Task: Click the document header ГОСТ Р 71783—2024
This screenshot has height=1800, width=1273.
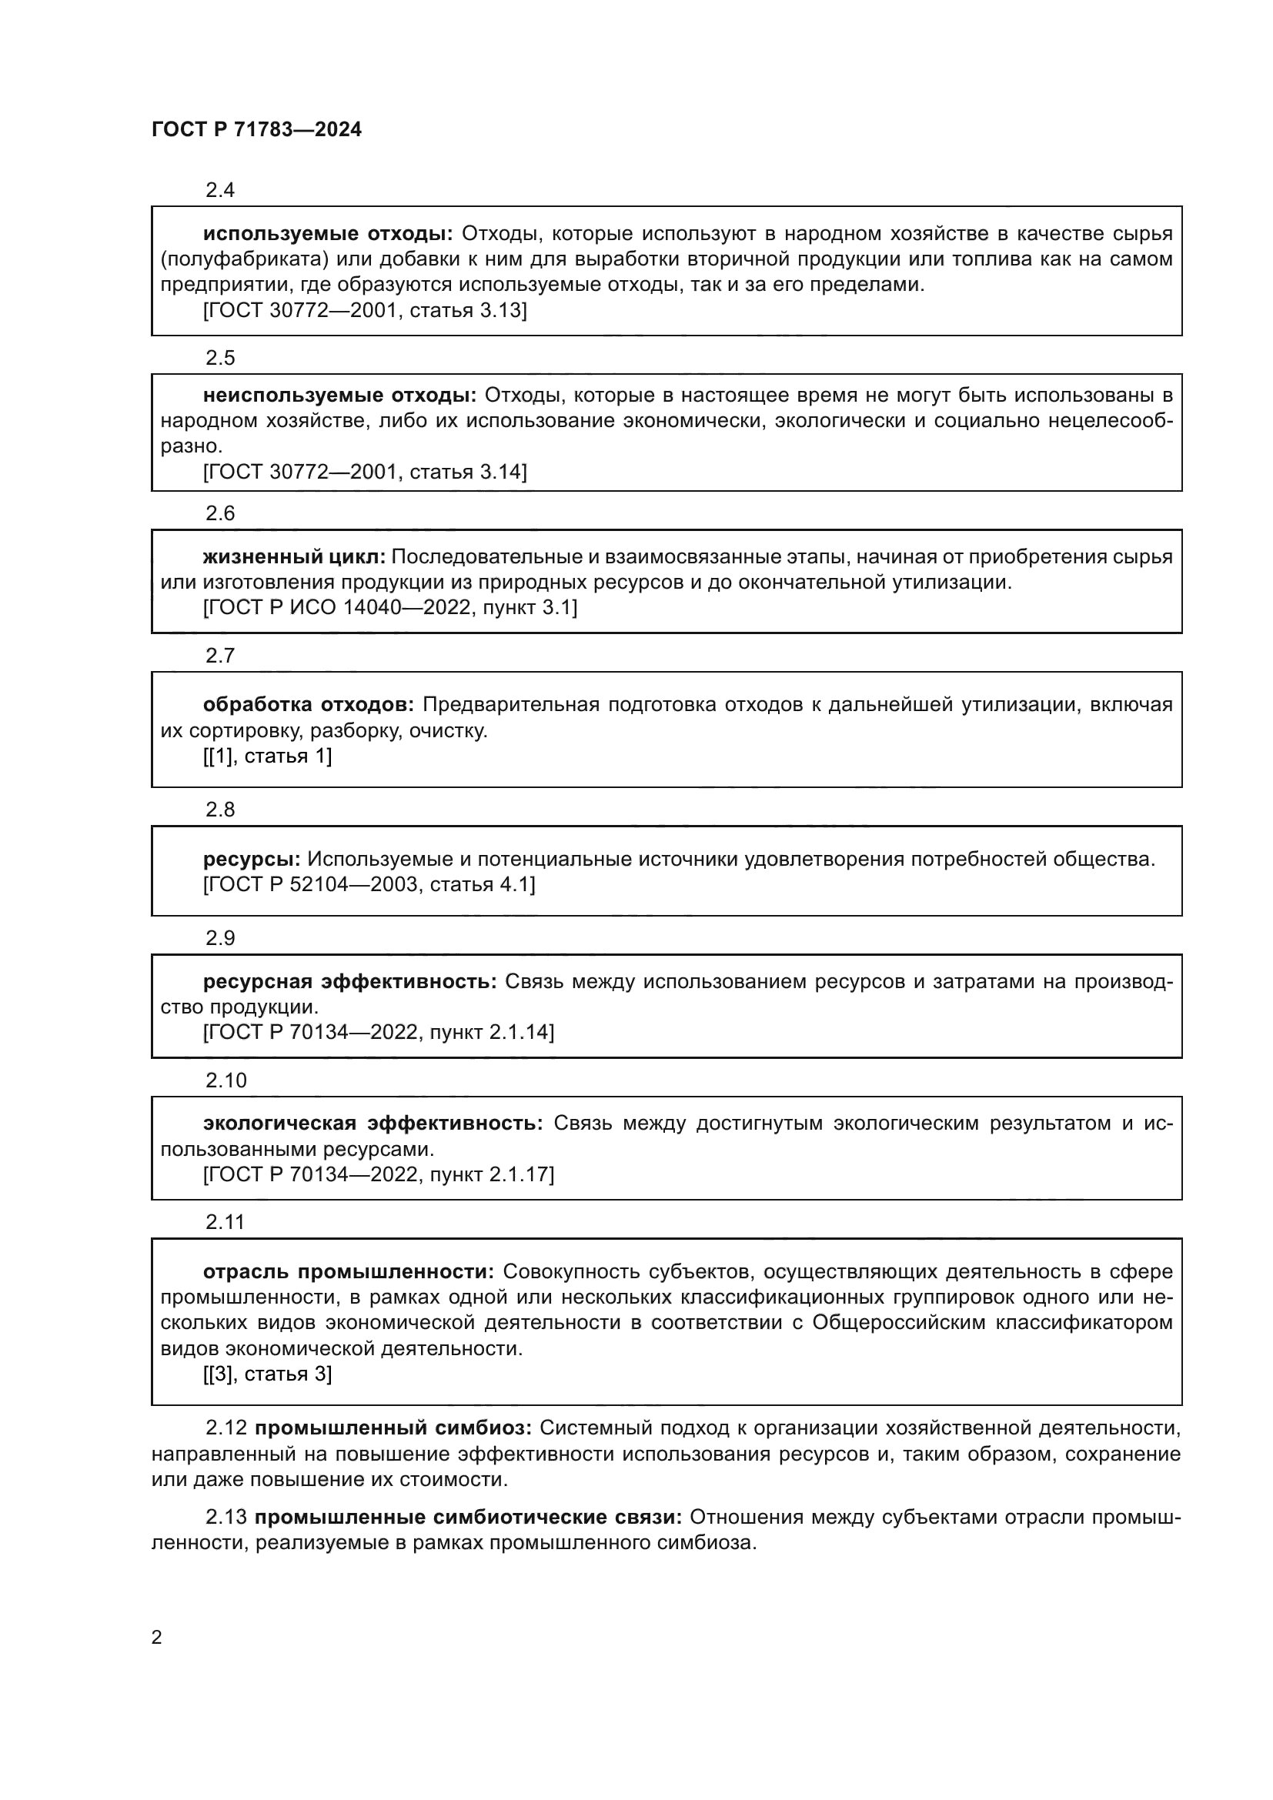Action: point(256,130)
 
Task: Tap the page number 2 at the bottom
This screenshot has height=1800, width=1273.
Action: point(157,1638)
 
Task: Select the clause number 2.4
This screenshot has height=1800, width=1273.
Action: point(220,190)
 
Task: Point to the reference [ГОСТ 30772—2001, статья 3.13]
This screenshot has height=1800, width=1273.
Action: point(366,310)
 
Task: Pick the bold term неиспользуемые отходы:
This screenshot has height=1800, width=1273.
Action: point(339,395)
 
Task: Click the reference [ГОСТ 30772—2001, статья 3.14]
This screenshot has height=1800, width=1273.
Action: point(366,472)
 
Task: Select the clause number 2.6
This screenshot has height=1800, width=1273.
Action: point(220,513)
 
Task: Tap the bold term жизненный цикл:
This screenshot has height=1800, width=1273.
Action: point(294,556)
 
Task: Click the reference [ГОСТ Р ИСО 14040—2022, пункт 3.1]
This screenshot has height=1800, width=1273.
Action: point(390,608)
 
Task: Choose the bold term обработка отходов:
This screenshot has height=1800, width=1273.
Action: point(308,705)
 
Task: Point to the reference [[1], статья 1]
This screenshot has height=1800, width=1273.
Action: point(267,756)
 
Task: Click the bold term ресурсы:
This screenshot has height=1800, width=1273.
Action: point(252,860)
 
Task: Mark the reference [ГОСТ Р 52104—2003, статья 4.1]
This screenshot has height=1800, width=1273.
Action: point(369,884)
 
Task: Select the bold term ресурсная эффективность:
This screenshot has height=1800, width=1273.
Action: point(349,981)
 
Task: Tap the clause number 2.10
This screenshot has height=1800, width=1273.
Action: point(226,1080)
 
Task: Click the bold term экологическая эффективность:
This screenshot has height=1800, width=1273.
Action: point(373,1124)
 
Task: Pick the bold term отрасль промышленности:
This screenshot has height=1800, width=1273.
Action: point(348,1271)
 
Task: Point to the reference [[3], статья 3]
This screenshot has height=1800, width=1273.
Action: point(267,1374)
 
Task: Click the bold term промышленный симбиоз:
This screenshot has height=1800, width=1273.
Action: point(393,1428)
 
